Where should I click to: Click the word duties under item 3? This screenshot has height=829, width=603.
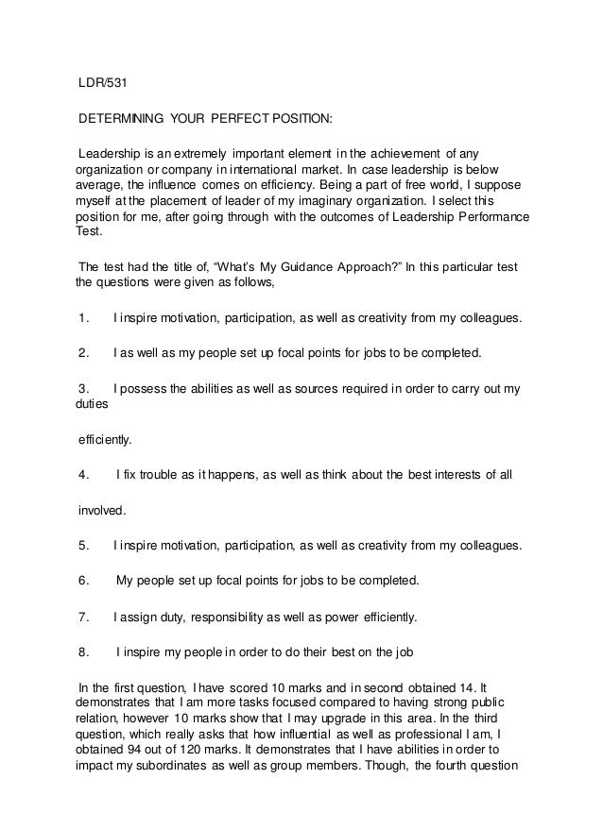(91, 404)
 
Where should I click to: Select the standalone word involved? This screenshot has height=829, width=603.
(101, 510)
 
